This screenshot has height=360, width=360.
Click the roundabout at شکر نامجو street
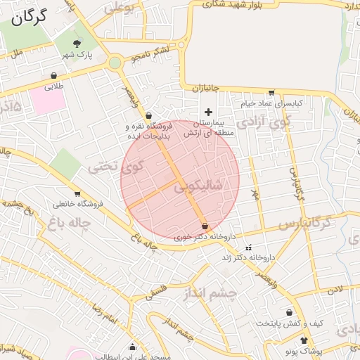[115, 63]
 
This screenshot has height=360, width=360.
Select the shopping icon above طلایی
[54, 76]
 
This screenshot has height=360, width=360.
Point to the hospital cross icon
[208, 112]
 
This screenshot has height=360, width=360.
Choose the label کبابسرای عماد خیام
[272, 103]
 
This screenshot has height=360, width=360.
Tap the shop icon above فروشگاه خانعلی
[77, 193]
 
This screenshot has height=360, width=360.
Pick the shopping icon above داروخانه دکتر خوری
[205, 226]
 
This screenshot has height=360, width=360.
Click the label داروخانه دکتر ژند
[247, 258]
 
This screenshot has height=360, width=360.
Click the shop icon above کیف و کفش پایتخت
[289, 313]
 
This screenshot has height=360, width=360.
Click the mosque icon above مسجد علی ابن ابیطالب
[132, 346]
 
